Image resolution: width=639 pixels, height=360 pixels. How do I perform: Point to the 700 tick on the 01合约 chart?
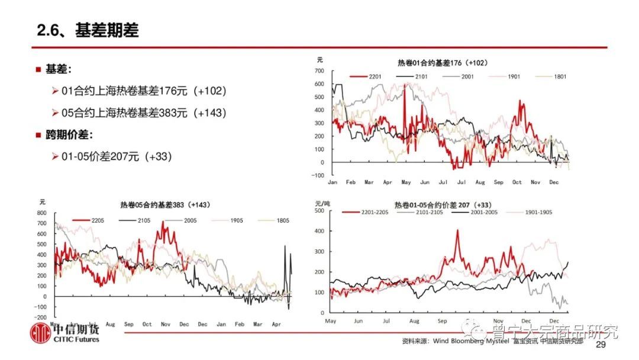tap(319, 72)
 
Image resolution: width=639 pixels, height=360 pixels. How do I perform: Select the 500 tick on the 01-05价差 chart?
tap(318, 210)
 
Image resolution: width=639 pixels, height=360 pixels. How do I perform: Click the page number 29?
tap(601, 345)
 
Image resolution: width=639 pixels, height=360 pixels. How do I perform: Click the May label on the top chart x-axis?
tap(406, 182)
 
